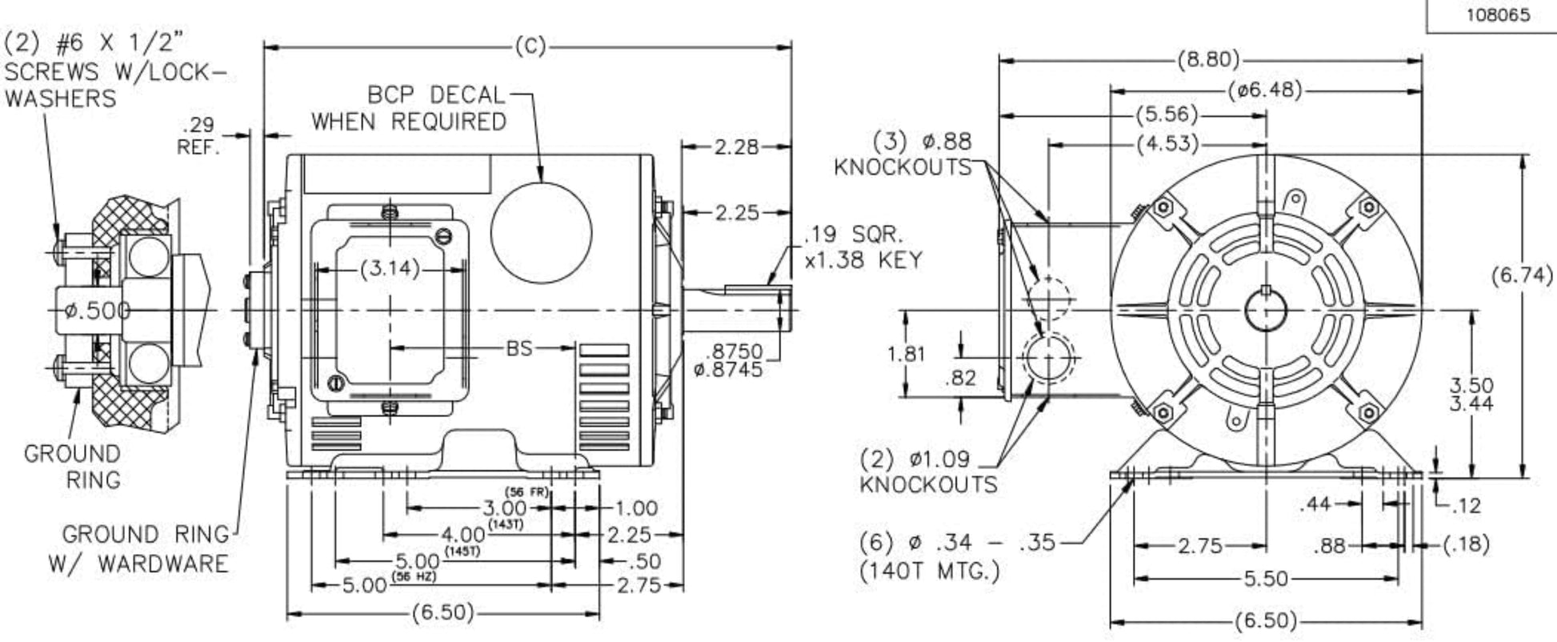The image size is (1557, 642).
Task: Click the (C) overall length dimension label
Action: [529, 47]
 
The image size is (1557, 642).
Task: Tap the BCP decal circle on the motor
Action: [541, 232]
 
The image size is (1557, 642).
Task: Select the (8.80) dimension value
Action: [1208, 60]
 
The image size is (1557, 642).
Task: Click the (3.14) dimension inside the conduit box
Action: [390, 269]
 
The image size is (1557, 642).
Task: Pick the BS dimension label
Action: [519, 348]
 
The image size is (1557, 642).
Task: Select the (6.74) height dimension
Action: [1523, 275]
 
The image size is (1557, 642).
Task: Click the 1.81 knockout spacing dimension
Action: [906, 353]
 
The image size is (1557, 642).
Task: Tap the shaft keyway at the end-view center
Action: [1266, 291]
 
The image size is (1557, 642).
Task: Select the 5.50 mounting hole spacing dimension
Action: [1266, 577]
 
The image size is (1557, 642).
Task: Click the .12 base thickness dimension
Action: [1465, 505]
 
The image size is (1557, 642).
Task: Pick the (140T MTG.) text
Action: [929, 572]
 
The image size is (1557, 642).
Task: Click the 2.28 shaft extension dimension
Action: [734, 146]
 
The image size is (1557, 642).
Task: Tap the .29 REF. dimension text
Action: [200, 136]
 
